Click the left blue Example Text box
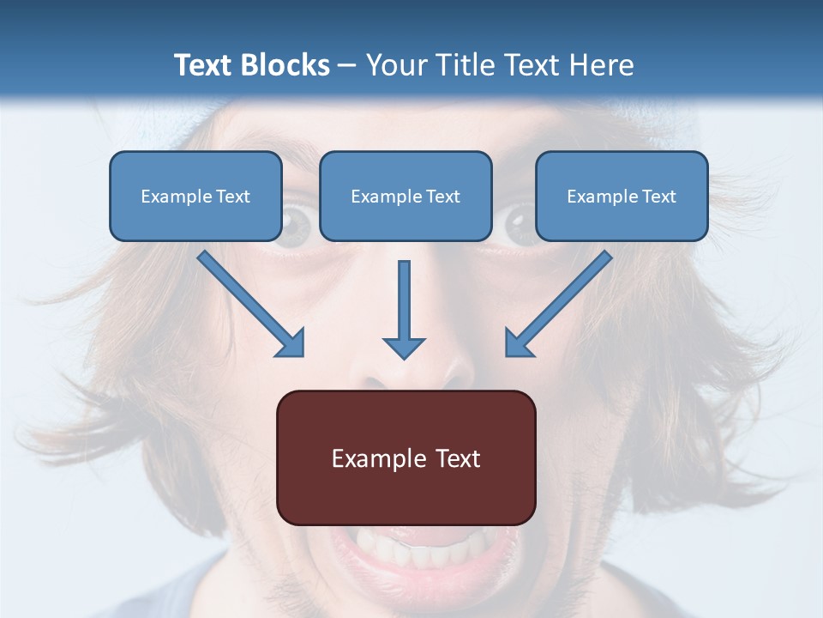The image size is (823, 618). point(195,196)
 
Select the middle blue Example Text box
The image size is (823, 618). point(405,196)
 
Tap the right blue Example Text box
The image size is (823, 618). point(622,196)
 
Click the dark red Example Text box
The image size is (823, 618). point(405,457)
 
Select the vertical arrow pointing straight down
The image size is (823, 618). point(404,309)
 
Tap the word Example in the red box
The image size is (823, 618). point(379,458)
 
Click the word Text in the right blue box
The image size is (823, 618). point(658,197)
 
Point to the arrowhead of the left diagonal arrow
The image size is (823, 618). point(291,343)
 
